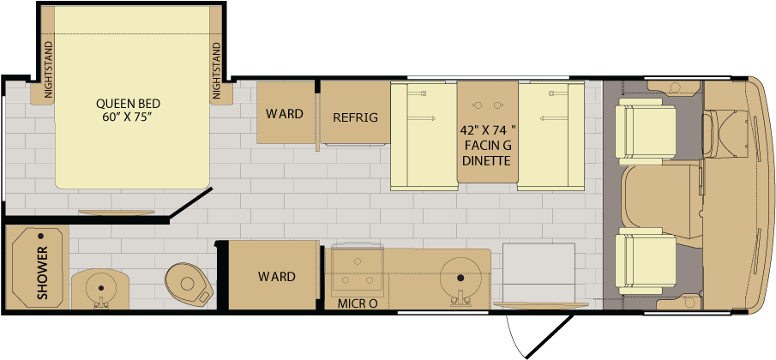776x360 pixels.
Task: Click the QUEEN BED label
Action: coord(128,104)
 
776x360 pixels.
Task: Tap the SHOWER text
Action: coord(43,273)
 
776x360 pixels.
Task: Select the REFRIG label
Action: coord(355,117)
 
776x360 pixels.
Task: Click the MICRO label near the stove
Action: coord(358,303)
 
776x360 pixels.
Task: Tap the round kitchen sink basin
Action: coord(460,279)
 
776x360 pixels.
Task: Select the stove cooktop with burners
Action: coord(357,269)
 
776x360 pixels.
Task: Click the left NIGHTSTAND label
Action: coord(48,69)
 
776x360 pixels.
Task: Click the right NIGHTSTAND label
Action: coord(216,69)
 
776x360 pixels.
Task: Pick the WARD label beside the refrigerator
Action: coord(284,114)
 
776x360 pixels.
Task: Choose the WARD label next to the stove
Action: coord(277,276)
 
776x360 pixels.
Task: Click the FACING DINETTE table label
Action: coord(488,146)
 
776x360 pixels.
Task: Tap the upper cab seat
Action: coord(646,131)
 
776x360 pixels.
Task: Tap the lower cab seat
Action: coord(646,261)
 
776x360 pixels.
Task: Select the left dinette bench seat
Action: coord(423,136)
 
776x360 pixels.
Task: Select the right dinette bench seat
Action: coord(550,136)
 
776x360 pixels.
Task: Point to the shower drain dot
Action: coord(40,236)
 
